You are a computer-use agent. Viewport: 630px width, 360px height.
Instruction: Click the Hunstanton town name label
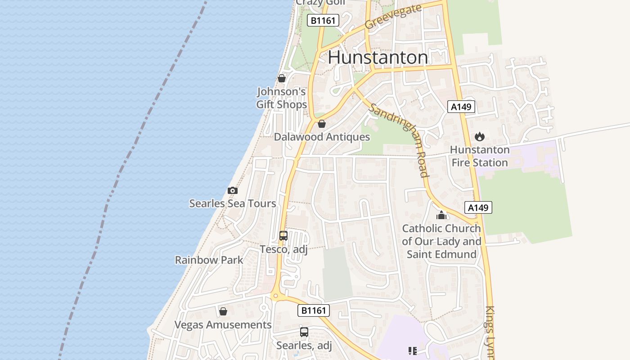pos(378,58)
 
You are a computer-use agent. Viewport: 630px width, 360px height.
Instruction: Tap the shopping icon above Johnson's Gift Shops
pos(282,78)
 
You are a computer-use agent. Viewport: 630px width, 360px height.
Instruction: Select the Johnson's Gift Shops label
pos(281,98)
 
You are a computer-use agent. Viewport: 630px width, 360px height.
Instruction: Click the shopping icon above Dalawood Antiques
pos(322,123)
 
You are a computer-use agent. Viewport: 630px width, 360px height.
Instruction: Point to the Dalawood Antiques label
pos(322,137)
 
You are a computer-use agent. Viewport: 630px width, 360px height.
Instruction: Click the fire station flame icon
pos(480,136)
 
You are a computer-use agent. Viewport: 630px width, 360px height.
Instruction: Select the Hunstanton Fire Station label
pos(480,156)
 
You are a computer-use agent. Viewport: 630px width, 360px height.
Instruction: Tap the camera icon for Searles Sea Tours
pos(232,190)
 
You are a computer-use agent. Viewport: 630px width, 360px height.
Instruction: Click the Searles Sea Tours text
pos(232,203)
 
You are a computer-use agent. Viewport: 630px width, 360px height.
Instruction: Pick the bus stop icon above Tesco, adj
pos(283,235)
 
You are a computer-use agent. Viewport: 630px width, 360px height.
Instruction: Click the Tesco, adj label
pos(283,249)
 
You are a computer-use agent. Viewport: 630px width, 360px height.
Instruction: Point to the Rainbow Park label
pos(209,260)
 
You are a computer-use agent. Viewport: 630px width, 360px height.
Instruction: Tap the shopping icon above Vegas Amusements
pos(223,311)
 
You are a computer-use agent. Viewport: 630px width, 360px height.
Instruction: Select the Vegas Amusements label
pos(223,325)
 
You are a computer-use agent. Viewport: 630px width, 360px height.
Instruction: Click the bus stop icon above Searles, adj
pos(304,332)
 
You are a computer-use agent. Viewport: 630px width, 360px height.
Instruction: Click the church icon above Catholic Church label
pos(441,215)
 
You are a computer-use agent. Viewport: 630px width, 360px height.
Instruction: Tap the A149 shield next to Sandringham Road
pos(478,207)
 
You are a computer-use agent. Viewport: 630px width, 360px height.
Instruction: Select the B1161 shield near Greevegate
pos(323,20)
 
